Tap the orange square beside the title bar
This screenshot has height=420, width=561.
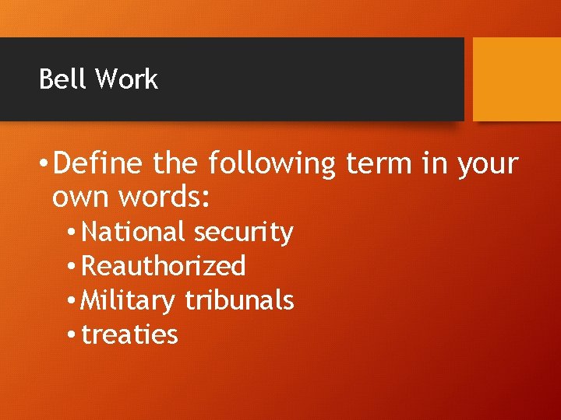tap(517, 79)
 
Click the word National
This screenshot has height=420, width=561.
tap(133, 232)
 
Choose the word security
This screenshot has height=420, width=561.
tap(243, 233)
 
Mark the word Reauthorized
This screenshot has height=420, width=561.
tap(164, 266)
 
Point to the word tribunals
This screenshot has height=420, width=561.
tap(239, 300)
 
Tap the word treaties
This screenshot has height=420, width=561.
tap(129, 335)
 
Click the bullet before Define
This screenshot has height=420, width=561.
tap(46, 165)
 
